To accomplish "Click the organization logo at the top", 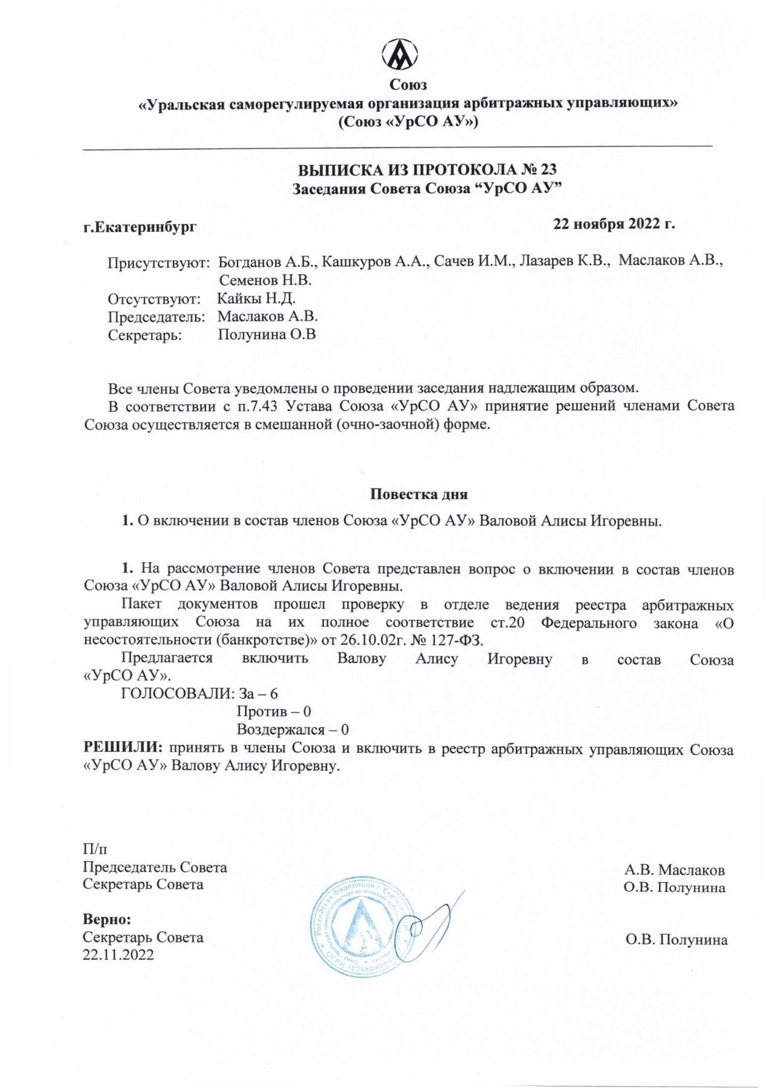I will (400, 54).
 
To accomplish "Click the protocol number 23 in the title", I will (548, 170).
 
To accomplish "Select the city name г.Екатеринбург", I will (140, 227).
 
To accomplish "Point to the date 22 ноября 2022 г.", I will (614, 224).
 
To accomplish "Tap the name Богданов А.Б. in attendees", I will (267, 262).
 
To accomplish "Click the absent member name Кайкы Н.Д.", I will (256, 298).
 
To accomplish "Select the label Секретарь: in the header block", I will (145, 335).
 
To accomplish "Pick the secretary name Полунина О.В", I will (267, 335).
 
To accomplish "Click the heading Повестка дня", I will (418, 494).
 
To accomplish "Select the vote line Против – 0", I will (273, 711).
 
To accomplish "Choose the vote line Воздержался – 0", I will (293, 730).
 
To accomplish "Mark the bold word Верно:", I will (107, 919).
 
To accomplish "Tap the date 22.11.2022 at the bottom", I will (119, 955).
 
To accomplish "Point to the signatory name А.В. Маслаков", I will (674, 870).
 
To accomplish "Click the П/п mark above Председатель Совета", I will (95, 849).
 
